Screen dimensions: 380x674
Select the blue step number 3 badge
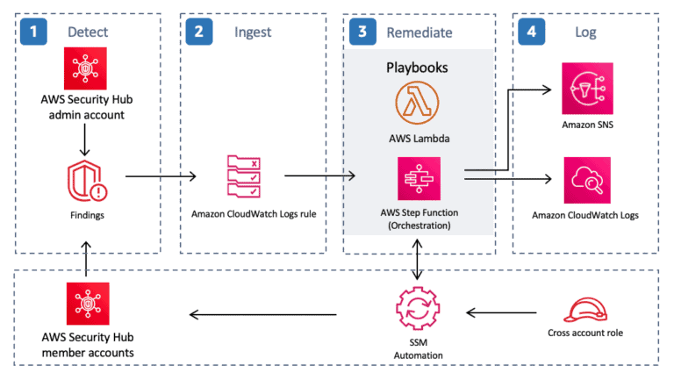(x=361, y=32)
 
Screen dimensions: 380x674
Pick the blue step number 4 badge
(x=529, y=32)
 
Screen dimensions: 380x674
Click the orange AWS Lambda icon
(x=419, y=104)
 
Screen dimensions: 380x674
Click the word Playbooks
(x=419, y=67)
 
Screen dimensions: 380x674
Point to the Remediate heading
(x=419, y=32)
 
